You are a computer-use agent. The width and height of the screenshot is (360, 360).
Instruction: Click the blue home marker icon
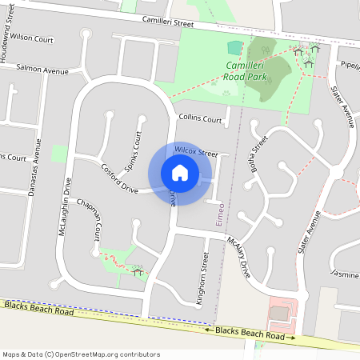(180, 172)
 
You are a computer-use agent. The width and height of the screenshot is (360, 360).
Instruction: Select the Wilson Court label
(31, 37)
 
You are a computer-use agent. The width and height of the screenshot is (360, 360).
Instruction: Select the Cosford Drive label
(120, 178)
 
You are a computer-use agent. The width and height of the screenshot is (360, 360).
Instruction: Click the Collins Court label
(200, 118)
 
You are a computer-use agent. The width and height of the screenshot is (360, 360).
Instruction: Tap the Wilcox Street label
(196, 151)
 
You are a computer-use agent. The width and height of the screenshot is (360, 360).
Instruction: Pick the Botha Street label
(258, 154)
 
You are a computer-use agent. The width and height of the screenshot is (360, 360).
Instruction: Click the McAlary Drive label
(239, 257)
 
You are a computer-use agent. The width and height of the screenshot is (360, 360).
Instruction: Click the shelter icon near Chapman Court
(138, 273)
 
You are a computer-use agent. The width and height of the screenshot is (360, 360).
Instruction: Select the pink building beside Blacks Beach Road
(279, 312)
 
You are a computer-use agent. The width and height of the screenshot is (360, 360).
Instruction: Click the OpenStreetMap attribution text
(81, 354)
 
